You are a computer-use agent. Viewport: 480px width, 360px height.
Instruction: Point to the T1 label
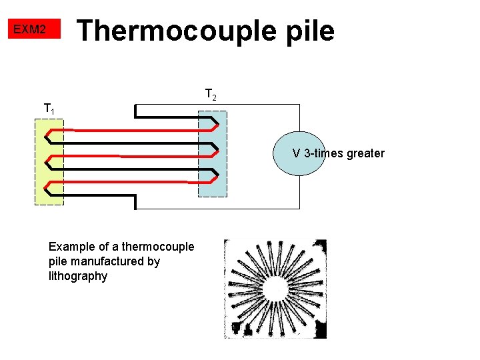(x=49, y=108)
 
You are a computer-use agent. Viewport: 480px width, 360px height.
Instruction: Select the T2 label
(x=210, y=95)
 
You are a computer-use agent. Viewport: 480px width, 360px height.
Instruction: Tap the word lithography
(x=78, y=276)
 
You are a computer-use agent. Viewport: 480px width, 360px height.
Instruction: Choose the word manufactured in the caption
(x=105, y=261)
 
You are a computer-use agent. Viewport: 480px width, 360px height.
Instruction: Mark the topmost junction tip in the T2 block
(x=217, y=123)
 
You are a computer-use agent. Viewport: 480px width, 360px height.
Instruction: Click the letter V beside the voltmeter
(x=296, y=153)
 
